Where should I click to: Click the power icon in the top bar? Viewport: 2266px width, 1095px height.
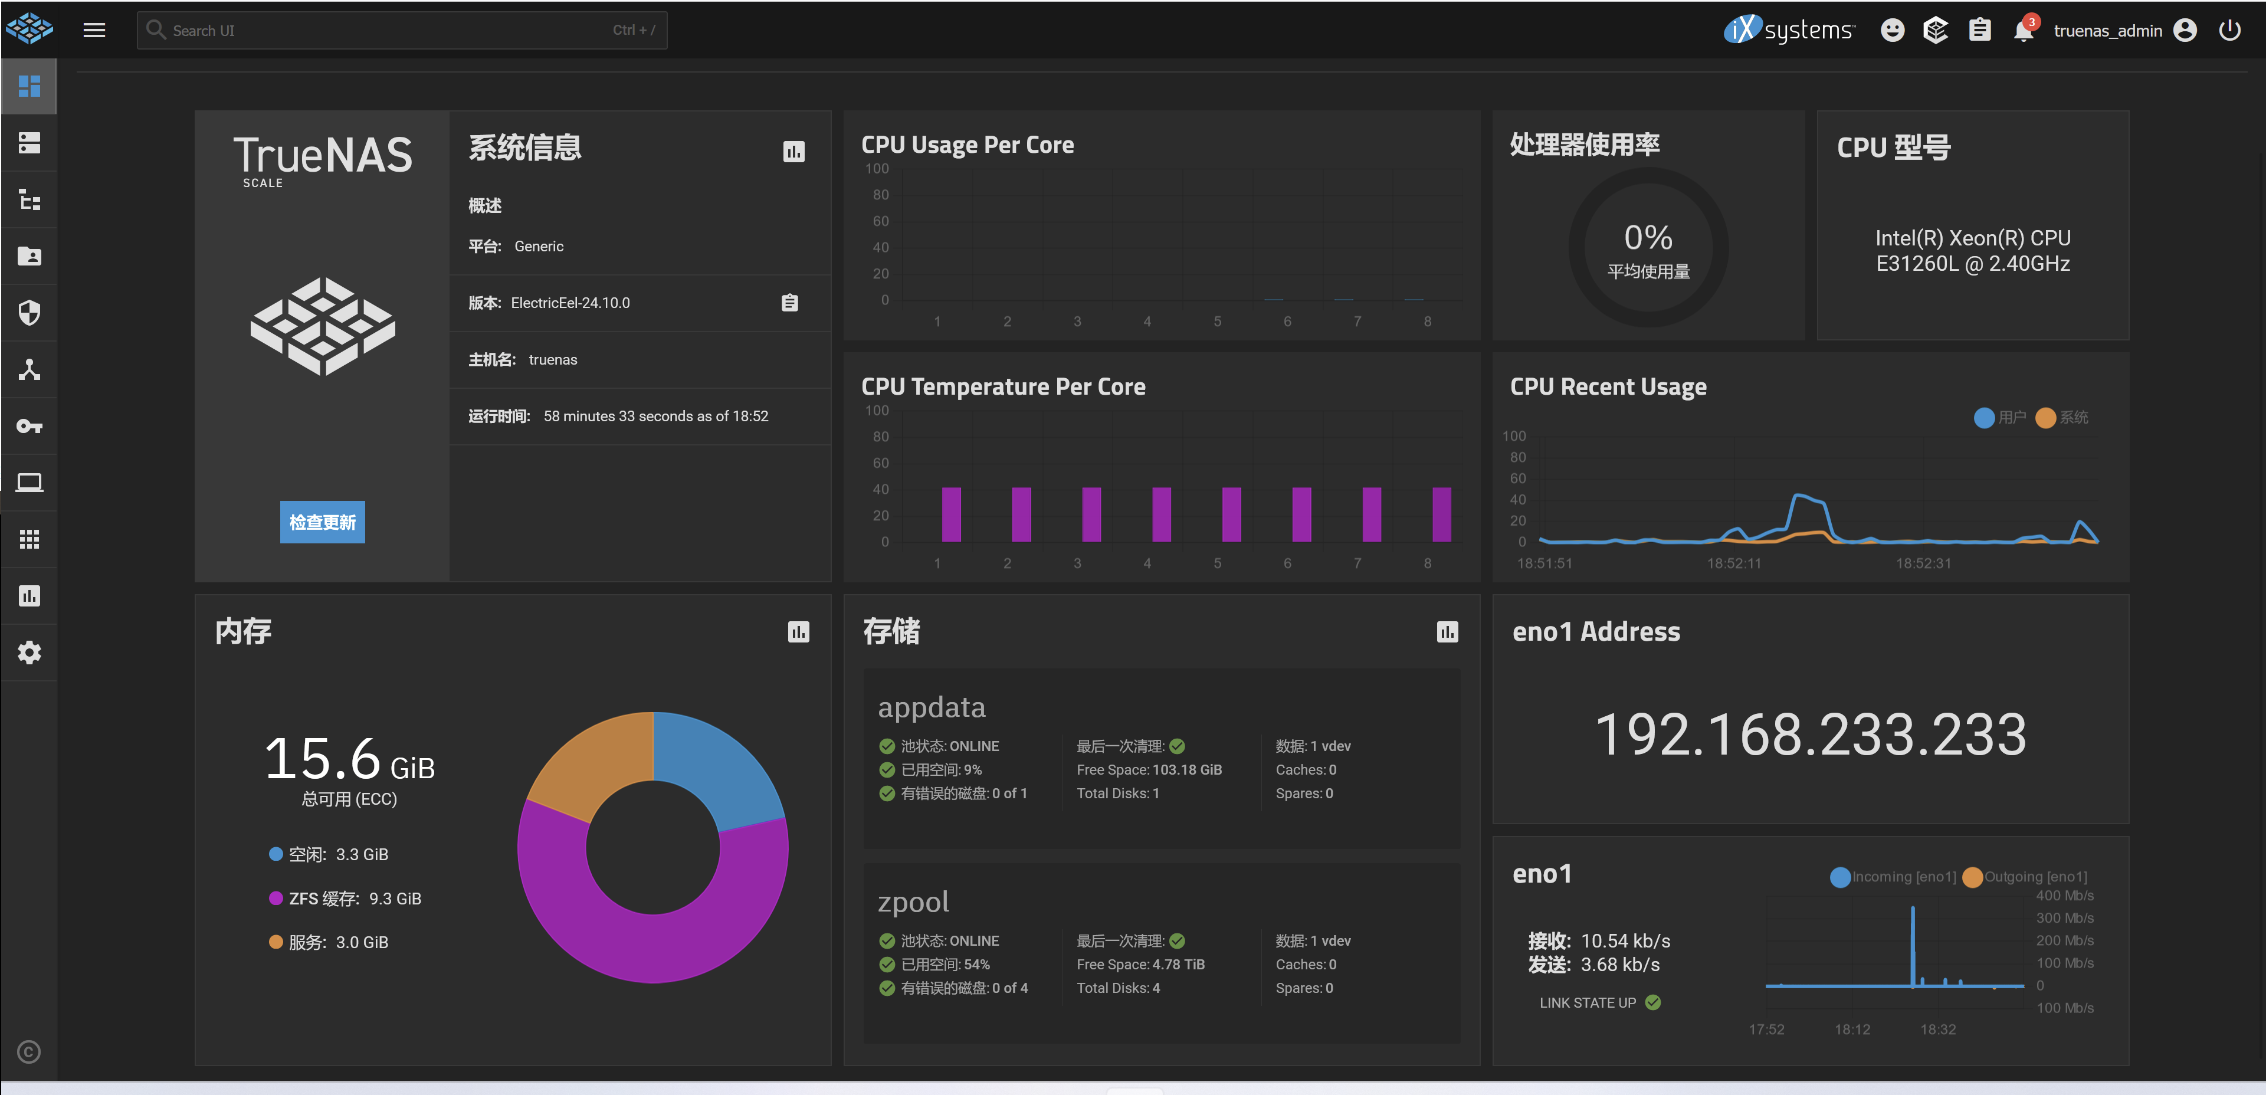pos(2229,30)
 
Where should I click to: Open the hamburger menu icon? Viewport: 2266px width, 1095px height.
pos(94,30)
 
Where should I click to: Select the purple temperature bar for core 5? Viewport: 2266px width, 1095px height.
pos(1232,514)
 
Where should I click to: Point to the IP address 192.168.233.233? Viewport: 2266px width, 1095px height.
pos(1811,735)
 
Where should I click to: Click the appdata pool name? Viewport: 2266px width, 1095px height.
pos(932,707)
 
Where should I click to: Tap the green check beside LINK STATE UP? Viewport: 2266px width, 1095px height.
pos(1653,1002)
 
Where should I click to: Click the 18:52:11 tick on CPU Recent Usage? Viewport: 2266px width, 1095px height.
pos(1734,563)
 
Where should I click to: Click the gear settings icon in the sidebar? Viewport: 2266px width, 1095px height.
pos(29,653)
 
